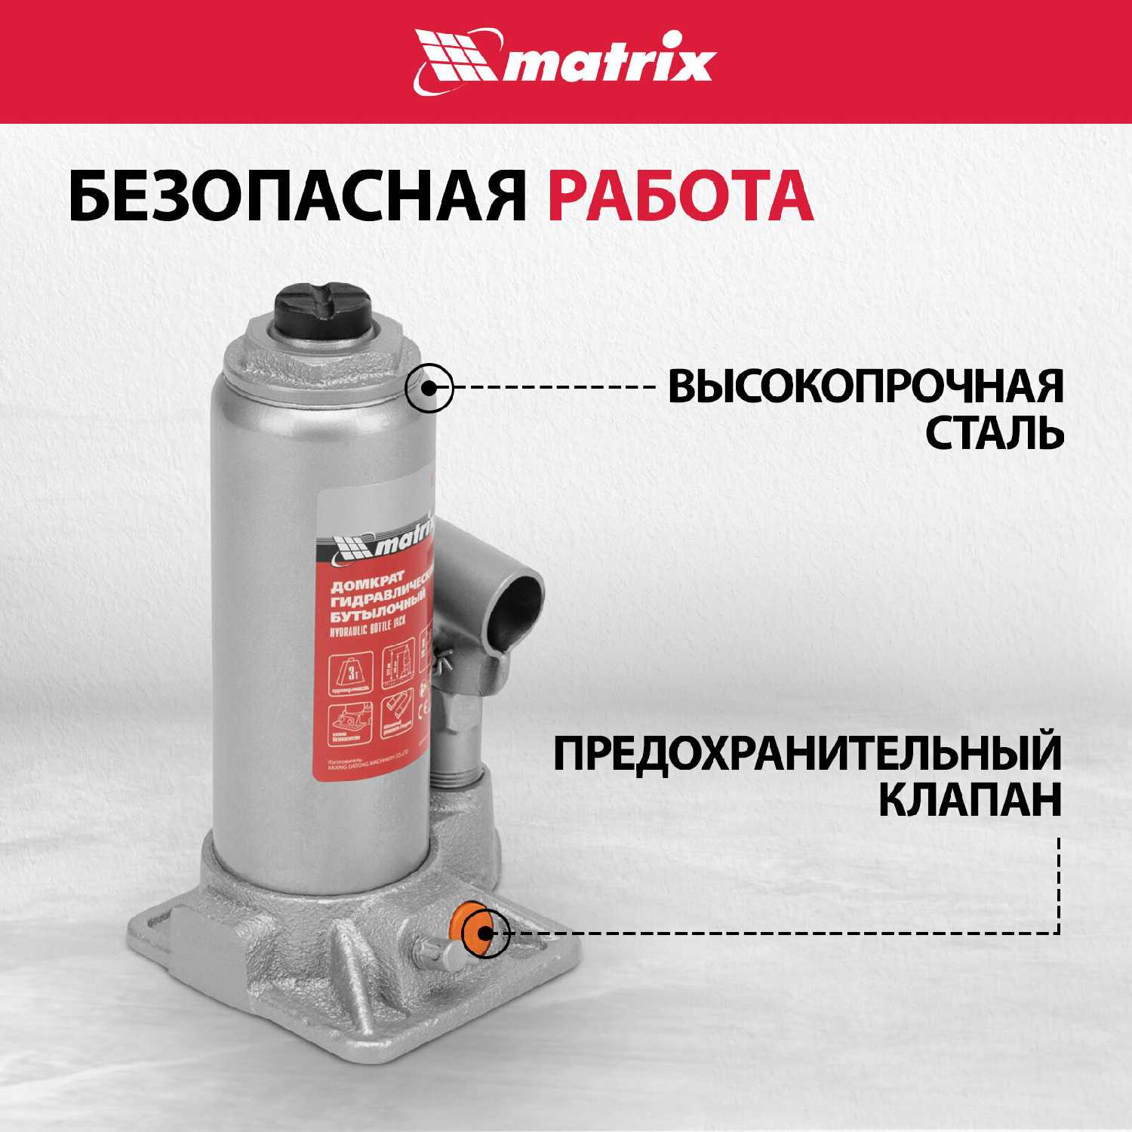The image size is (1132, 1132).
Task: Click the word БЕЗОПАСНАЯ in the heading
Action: (294, 198)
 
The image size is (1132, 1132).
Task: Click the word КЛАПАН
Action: (969, 801)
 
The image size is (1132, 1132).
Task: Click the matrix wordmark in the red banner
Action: (608, 65)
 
